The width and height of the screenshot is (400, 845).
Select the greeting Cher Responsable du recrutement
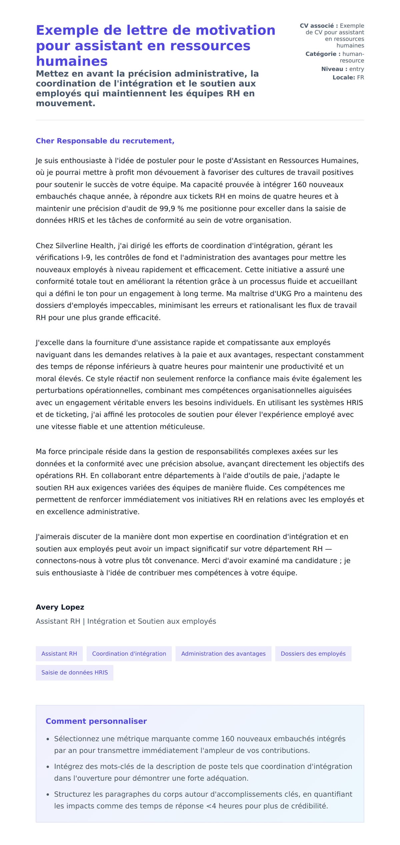coord(105,141)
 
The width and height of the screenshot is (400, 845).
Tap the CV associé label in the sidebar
coord(319,26)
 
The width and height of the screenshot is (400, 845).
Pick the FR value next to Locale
coord(360,77)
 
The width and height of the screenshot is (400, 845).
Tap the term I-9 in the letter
coord(85,257)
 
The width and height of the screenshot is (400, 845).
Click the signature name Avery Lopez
coord(60,607)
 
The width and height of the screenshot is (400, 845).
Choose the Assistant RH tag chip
coord(59,654)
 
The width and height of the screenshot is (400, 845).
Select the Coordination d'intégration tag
coord(129,654)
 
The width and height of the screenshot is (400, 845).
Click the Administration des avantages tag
coord(223,654)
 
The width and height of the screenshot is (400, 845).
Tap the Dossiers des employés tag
coord(313,654)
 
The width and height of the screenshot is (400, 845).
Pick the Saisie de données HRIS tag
coord(75,672)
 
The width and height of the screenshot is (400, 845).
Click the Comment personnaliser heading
coord(96,721)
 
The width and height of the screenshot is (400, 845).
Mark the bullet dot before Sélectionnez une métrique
coord(48,739)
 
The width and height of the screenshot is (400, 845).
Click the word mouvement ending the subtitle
coord(65,103)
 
